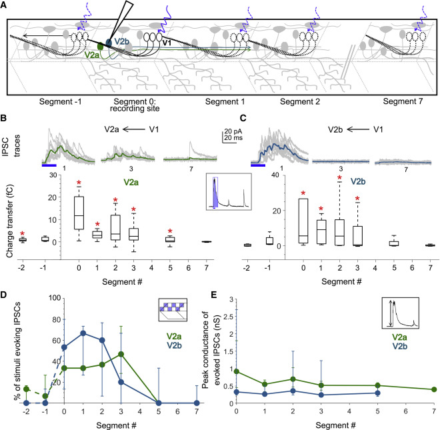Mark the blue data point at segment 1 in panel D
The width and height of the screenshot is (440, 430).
84,333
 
